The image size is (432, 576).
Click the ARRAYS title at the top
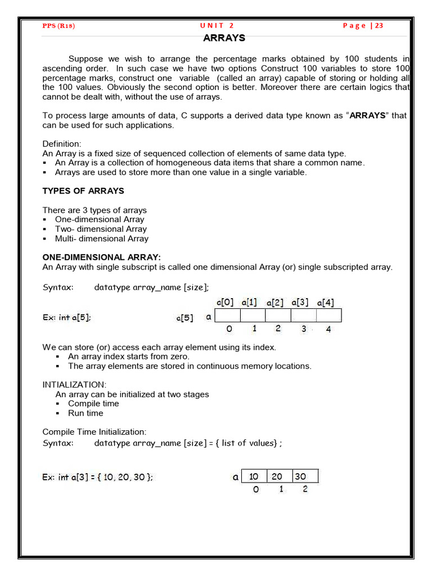tap(224, 38)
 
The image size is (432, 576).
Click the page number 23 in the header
tap(379, 26)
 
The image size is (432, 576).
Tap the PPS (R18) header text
tap(59, 26)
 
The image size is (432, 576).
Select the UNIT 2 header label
tap(217, 26)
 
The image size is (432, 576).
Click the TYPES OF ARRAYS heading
tap(83, 191)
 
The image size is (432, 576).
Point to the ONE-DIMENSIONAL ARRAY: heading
tap(102, 257)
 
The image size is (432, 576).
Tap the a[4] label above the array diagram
tap(326, 302)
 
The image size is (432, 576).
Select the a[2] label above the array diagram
tap(275, 302)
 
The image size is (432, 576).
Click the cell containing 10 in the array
tap(254, 476)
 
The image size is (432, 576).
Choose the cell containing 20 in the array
tap(277, 476)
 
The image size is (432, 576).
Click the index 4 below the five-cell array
tap(328, 329)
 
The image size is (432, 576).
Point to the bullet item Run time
tap(85, 413)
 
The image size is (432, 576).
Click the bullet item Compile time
tap(93, 403)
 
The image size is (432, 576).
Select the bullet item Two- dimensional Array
tap(101, 229)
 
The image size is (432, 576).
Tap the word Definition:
tap(62, 143)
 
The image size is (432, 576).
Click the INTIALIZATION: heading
tap(74, 384)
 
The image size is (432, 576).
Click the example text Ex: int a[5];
tap(66, 317)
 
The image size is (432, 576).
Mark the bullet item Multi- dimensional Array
tap(102, 238)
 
